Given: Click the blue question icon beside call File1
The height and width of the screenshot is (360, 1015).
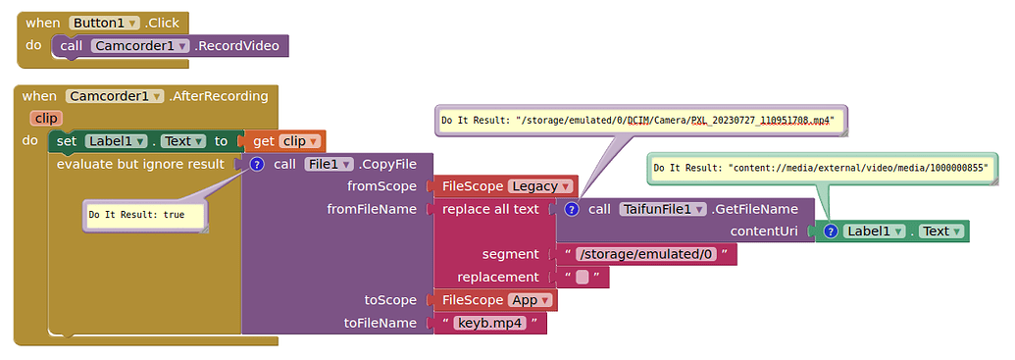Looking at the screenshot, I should [x=257, y=164].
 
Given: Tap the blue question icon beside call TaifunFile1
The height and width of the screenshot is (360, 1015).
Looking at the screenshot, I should [x=571, y=209].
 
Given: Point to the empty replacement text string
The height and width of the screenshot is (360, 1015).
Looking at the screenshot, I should [x=583, y=278].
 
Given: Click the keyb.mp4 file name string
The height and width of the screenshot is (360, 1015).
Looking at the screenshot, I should [x=491, y=323].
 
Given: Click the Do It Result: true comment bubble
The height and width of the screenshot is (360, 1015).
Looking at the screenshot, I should [x=144, y=215].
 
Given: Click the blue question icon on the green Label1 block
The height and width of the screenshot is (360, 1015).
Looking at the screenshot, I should [x=830, y=231].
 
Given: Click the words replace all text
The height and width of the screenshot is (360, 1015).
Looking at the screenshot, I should [x=490, y=209].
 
